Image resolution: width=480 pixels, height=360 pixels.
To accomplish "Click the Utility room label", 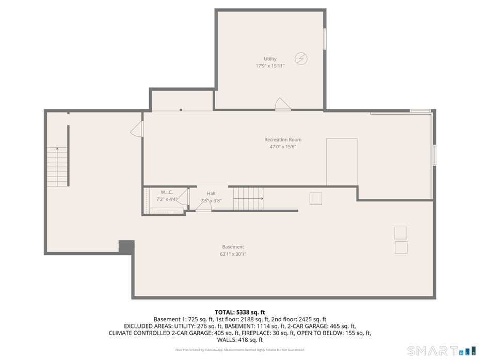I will tap(270, 59).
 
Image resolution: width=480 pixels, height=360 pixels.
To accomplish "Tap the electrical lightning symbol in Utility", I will tap(301, 58).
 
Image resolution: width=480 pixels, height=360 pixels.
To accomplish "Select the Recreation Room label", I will tap(283, 139).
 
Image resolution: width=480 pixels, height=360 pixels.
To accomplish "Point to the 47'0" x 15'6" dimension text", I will tap(283, 147).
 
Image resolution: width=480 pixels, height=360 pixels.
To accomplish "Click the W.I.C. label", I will tap(166, 192).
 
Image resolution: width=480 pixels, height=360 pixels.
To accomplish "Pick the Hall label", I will tap(211, 194).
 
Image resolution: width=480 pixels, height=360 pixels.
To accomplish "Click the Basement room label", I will tap(233, 247).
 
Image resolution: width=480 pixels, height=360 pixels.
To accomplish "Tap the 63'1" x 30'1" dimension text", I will tap(233, 254).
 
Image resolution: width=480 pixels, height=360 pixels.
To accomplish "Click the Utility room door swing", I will tap(282, 104).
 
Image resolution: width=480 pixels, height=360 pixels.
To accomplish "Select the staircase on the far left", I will tap(57, 166).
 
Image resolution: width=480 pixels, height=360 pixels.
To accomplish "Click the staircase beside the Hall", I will tap(248, 199).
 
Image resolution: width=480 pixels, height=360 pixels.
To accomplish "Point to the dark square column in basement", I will tap(126, 247).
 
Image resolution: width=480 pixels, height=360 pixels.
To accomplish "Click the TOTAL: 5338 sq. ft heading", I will tap(239, 312).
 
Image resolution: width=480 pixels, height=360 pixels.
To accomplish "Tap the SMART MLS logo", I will tap(441, 351).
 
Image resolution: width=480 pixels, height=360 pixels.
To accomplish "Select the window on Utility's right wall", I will tap(325, 39).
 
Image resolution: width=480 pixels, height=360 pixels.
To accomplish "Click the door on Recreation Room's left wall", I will tap(137, 129).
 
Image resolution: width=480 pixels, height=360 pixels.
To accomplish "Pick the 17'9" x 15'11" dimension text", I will tap(270, 66).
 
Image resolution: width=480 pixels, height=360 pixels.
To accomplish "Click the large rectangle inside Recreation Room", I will tap(342, 162).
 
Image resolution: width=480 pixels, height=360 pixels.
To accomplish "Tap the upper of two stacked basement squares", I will tap(401, 233).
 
